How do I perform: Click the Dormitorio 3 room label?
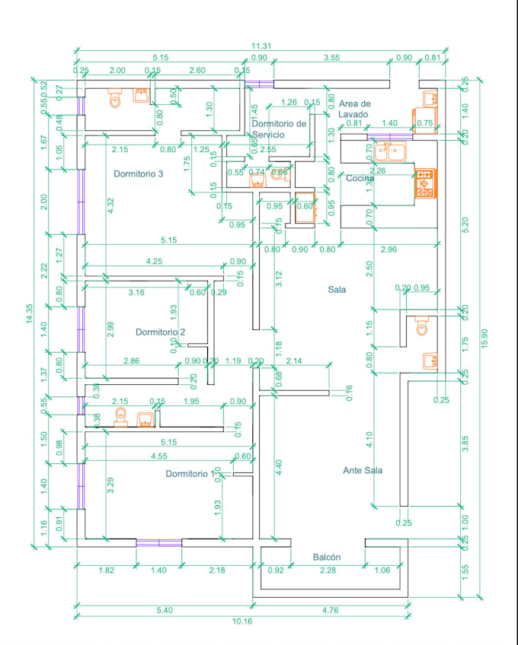tap(139, 174)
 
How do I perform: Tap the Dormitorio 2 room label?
tap(161, 332)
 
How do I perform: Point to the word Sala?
tap(337, 290)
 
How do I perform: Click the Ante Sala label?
tap(363, 471)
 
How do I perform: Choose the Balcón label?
tap(327, 558)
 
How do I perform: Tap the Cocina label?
tap(360, 178)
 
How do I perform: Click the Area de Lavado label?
tap(354, 109)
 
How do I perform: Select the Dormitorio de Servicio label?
tap(279, 129)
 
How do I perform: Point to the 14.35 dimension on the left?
tap(30, 314)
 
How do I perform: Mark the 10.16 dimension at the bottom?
tap(241, 621)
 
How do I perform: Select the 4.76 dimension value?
tap(331, 609)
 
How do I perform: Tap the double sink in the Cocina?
tap(394, 152)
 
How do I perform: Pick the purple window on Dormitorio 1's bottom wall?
tap(158, 543)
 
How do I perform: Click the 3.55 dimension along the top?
tap(331, 57)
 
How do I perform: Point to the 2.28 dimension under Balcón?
tap(328, 570)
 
